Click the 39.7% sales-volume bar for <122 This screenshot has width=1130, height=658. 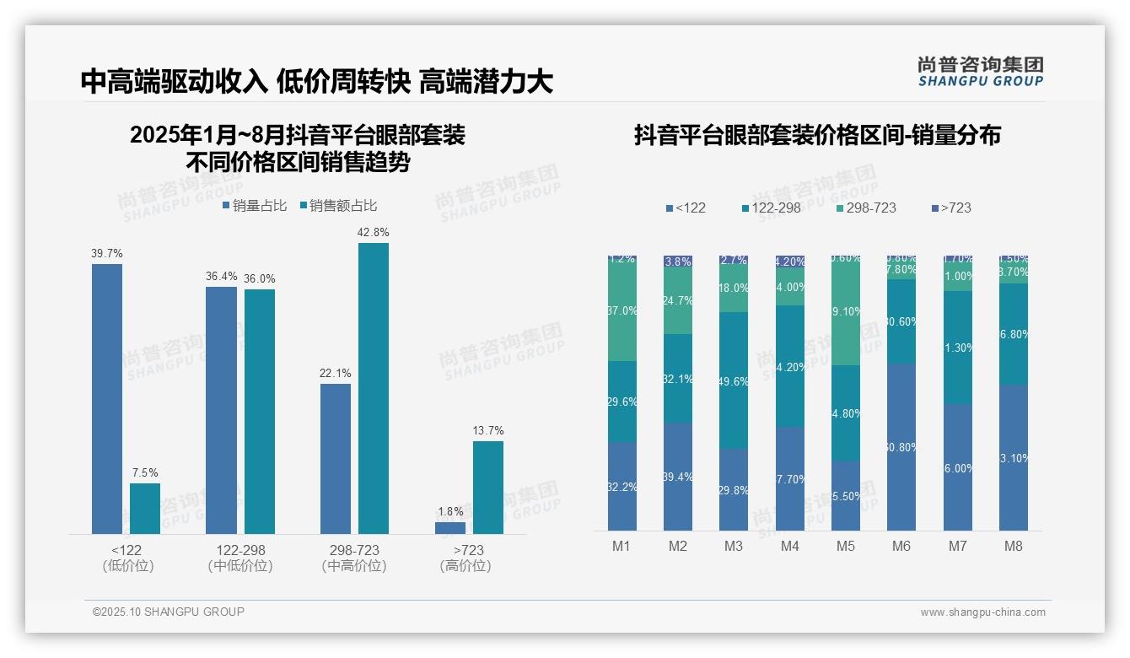107,398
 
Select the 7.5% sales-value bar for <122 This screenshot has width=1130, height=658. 145,508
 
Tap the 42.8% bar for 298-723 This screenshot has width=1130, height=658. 374,388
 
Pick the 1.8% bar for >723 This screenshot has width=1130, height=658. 450,527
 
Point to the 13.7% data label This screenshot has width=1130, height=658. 488,431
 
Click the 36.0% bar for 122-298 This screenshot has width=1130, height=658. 260,412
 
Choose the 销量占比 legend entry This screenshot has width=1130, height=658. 255,206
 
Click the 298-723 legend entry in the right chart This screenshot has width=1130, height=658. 866,208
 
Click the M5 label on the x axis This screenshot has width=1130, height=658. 846,546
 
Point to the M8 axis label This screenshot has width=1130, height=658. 1014,546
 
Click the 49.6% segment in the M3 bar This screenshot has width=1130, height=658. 734,380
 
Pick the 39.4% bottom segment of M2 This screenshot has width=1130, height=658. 678,477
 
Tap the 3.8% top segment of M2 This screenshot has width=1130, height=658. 678,262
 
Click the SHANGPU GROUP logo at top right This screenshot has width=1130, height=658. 981,71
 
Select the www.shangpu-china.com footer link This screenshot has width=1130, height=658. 982,612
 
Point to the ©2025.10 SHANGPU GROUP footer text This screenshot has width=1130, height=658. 169,612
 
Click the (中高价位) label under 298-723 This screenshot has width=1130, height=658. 354,566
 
